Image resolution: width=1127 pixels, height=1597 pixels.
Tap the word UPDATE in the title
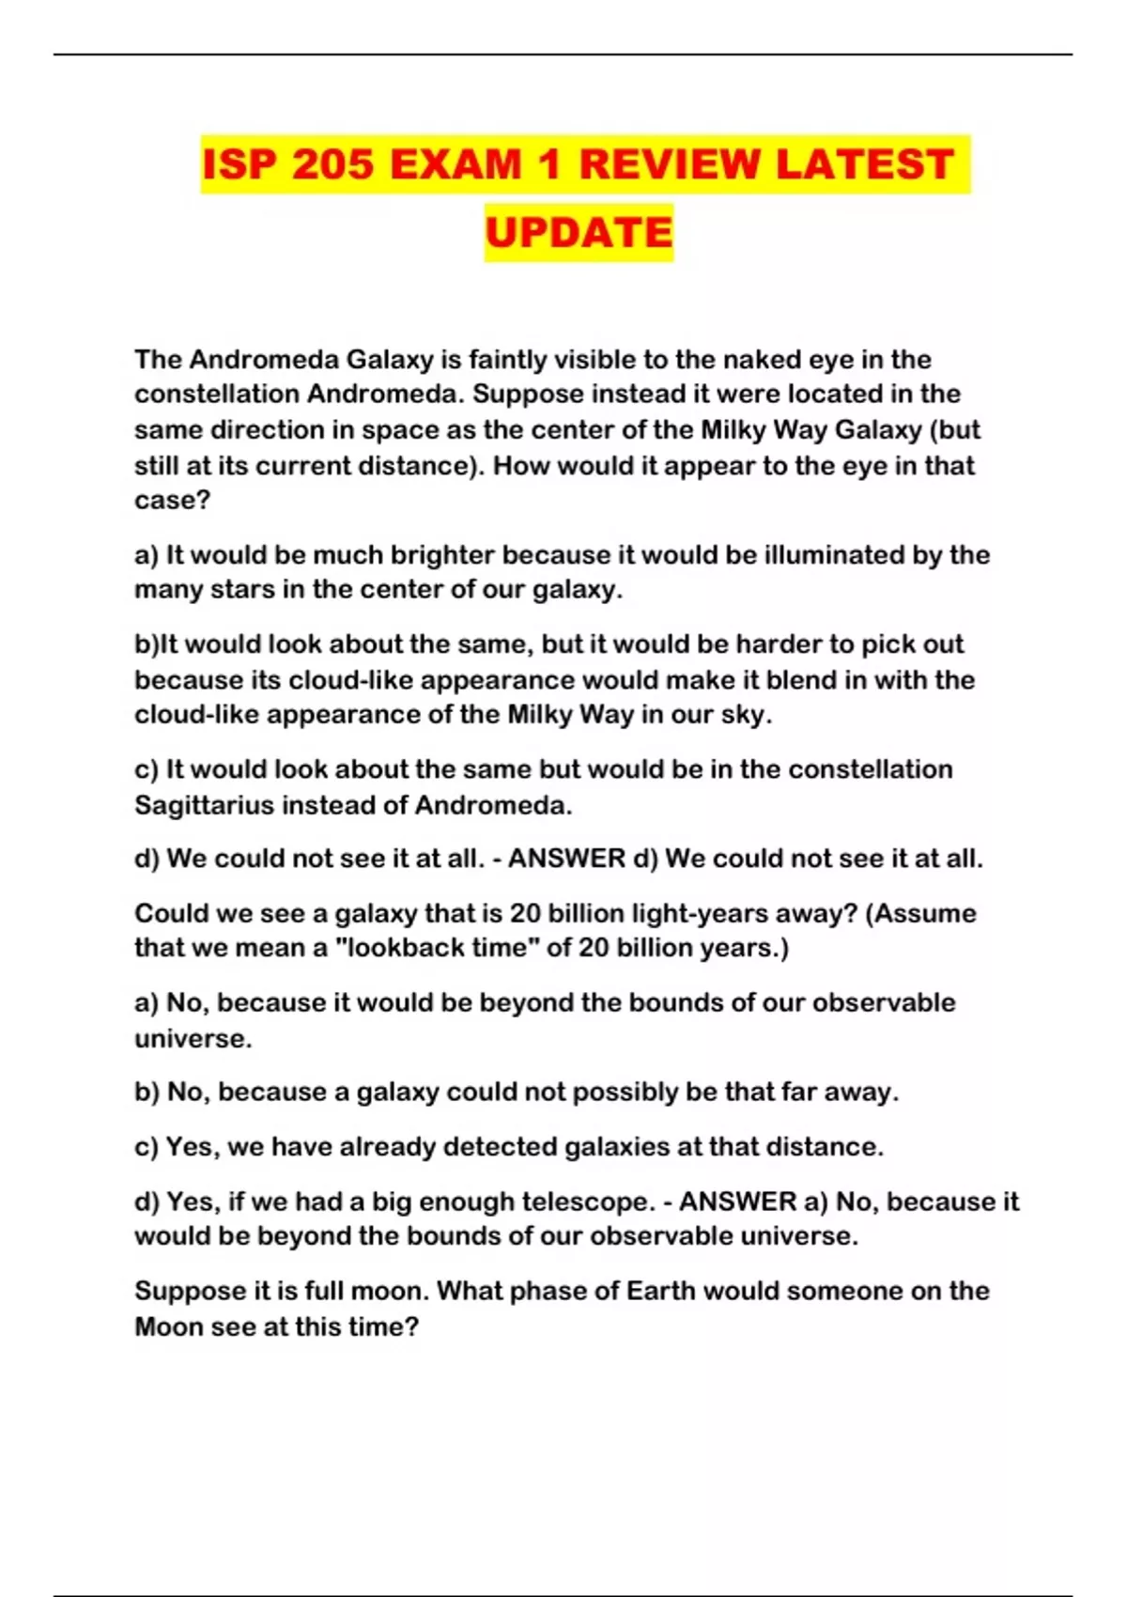pos(579,232)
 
